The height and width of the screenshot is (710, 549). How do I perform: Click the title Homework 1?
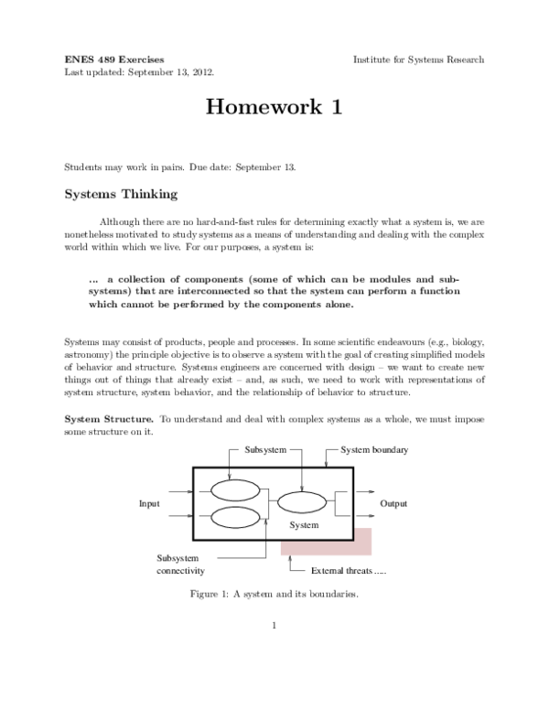point(274,108)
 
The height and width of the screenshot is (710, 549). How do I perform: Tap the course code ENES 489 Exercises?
point(114,59)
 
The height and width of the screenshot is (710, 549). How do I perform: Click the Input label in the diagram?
point(149,504)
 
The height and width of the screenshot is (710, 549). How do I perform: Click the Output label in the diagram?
point(393,504)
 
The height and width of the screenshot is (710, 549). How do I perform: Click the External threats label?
point(349,571)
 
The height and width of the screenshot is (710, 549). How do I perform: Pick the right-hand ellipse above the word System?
point(302,501)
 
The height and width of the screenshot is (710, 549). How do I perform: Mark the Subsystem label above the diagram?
point(266,451)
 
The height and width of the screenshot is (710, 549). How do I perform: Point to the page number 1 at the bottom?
point(274,627)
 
